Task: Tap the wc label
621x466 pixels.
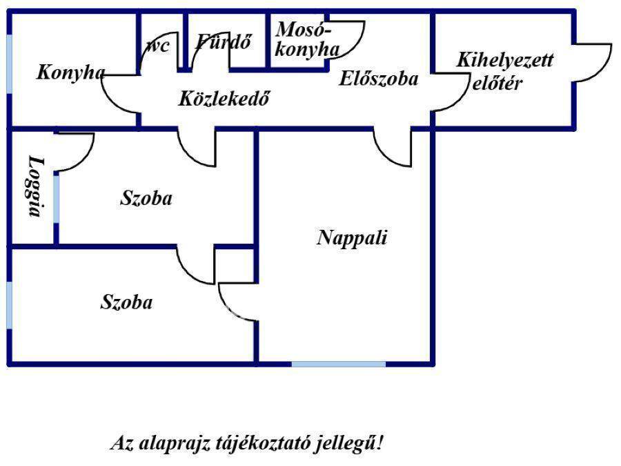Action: (158, 46)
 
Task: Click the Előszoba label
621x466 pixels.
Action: (378, 79)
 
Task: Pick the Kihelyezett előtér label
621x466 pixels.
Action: (504, 71)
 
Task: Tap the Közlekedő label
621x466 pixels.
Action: (223, 99)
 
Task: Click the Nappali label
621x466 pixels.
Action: (352, 238)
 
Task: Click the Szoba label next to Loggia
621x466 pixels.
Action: (146, 199)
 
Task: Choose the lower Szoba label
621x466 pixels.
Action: (127, 302)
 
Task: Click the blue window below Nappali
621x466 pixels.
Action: (338, 363)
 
